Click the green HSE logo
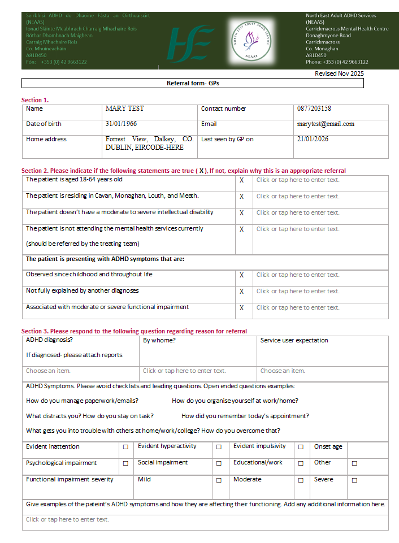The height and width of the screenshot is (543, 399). coord(189,44)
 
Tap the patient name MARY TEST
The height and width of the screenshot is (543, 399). coord(124,108)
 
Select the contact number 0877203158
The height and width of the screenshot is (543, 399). coord(314,108)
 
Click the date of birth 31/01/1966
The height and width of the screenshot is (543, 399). coord(121,124)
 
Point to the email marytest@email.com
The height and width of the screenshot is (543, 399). coord(326,124)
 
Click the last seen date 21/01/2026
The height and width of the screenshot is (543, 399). coord(313,139)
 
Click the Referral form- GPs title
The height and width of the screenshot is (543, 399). coord(193,83)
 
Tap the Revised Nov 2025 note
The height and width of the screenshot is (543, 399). coord(339,73)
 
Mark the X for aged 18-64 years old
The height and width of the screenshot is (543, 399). coord(242,180)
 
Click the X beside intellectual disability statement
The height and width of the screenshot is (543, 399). coord(242,213)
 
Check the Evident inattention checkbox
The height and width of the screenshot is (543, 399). coord(125,447)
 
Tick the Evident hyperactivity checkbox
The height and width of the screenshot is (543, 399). coord(219,447)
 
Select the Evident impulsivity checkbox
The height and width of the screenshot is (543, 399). coord(301,447)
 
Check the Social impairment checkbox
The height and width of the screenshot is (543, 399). coord(219,463)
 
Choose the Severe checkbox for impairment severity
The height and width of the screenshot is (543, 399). coord(354,480)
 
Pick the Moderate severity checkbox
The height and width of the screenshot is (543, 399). coord(301,480)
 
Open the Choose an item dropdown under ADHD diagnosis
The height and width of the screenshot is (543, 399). coord(49,371)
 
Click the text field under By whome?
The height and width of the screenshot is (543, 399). coord(184,371)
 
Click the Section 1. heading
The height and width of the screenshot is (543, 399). coord(34,100)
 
